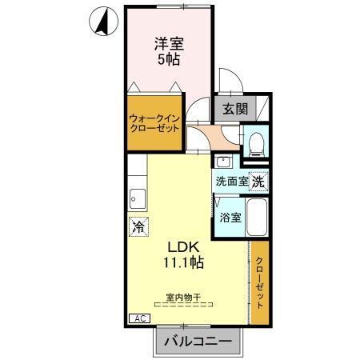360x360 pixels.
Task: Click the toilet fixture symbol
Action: pyautogui.click(x=255, y=144)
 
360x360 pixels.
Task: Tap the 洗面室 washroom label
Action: pyautogui.click(x=230, y=181)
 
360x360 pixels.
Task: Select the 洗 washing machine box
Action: pyautogui.click(x=258, y=182)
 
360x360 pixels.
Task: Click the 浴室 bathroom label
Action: pyautogui.click(x=230, y=216)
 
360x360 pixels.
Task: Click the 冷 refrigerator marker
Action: pyautogui.click(x=138, y=227)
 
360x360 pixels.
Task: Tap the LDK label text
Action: pyautogui.click(x=183, y=246)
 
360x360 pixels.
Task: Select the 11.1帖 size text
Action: pyautogui.click(x=183, y=262)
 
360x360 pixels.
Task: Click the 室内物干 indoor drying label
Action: pyautogui.click(x=183, y=298)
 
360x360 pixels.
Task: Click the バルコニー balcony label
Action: pyautogui.click(x=197, y=342)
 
